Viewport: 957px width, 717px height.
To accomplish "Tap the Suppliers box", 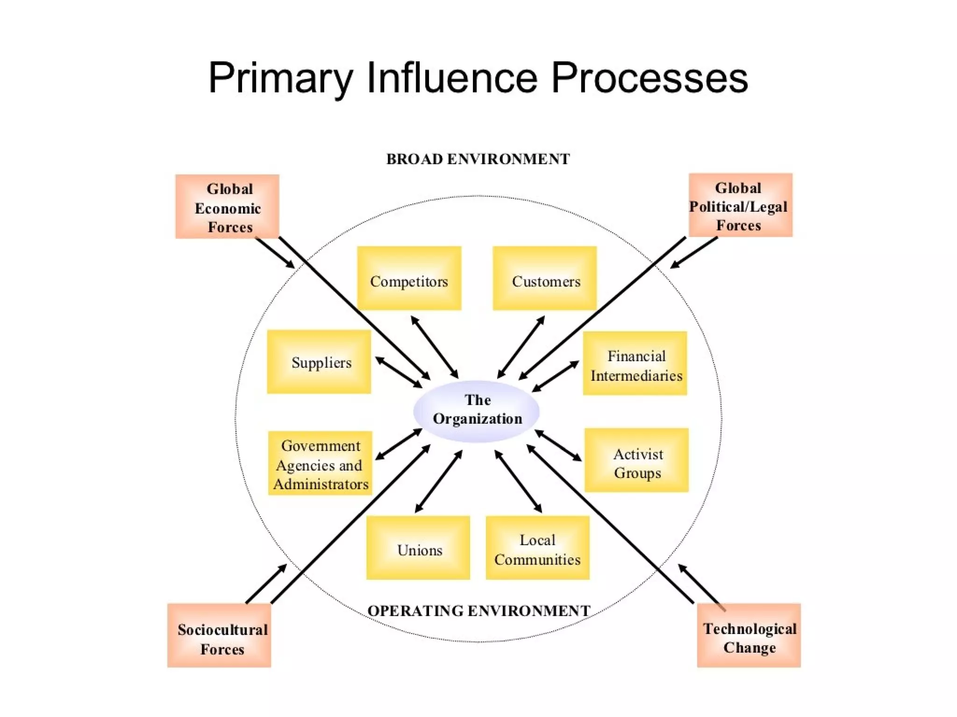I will coord(319,362).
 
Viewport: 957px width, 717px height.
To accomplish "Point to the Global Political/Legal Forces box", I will coord(741,205).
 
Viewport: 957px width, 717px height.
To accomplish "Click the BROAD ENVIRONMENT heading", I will coord(478,159).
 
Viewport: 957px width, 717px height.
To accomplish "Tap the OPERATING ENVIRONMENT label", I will coord(478,611).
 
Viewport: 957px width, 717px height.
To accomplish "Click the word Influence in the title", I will coord(452,78).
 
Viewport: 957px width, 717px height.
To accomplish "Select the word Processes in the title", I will coord(650,78).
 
